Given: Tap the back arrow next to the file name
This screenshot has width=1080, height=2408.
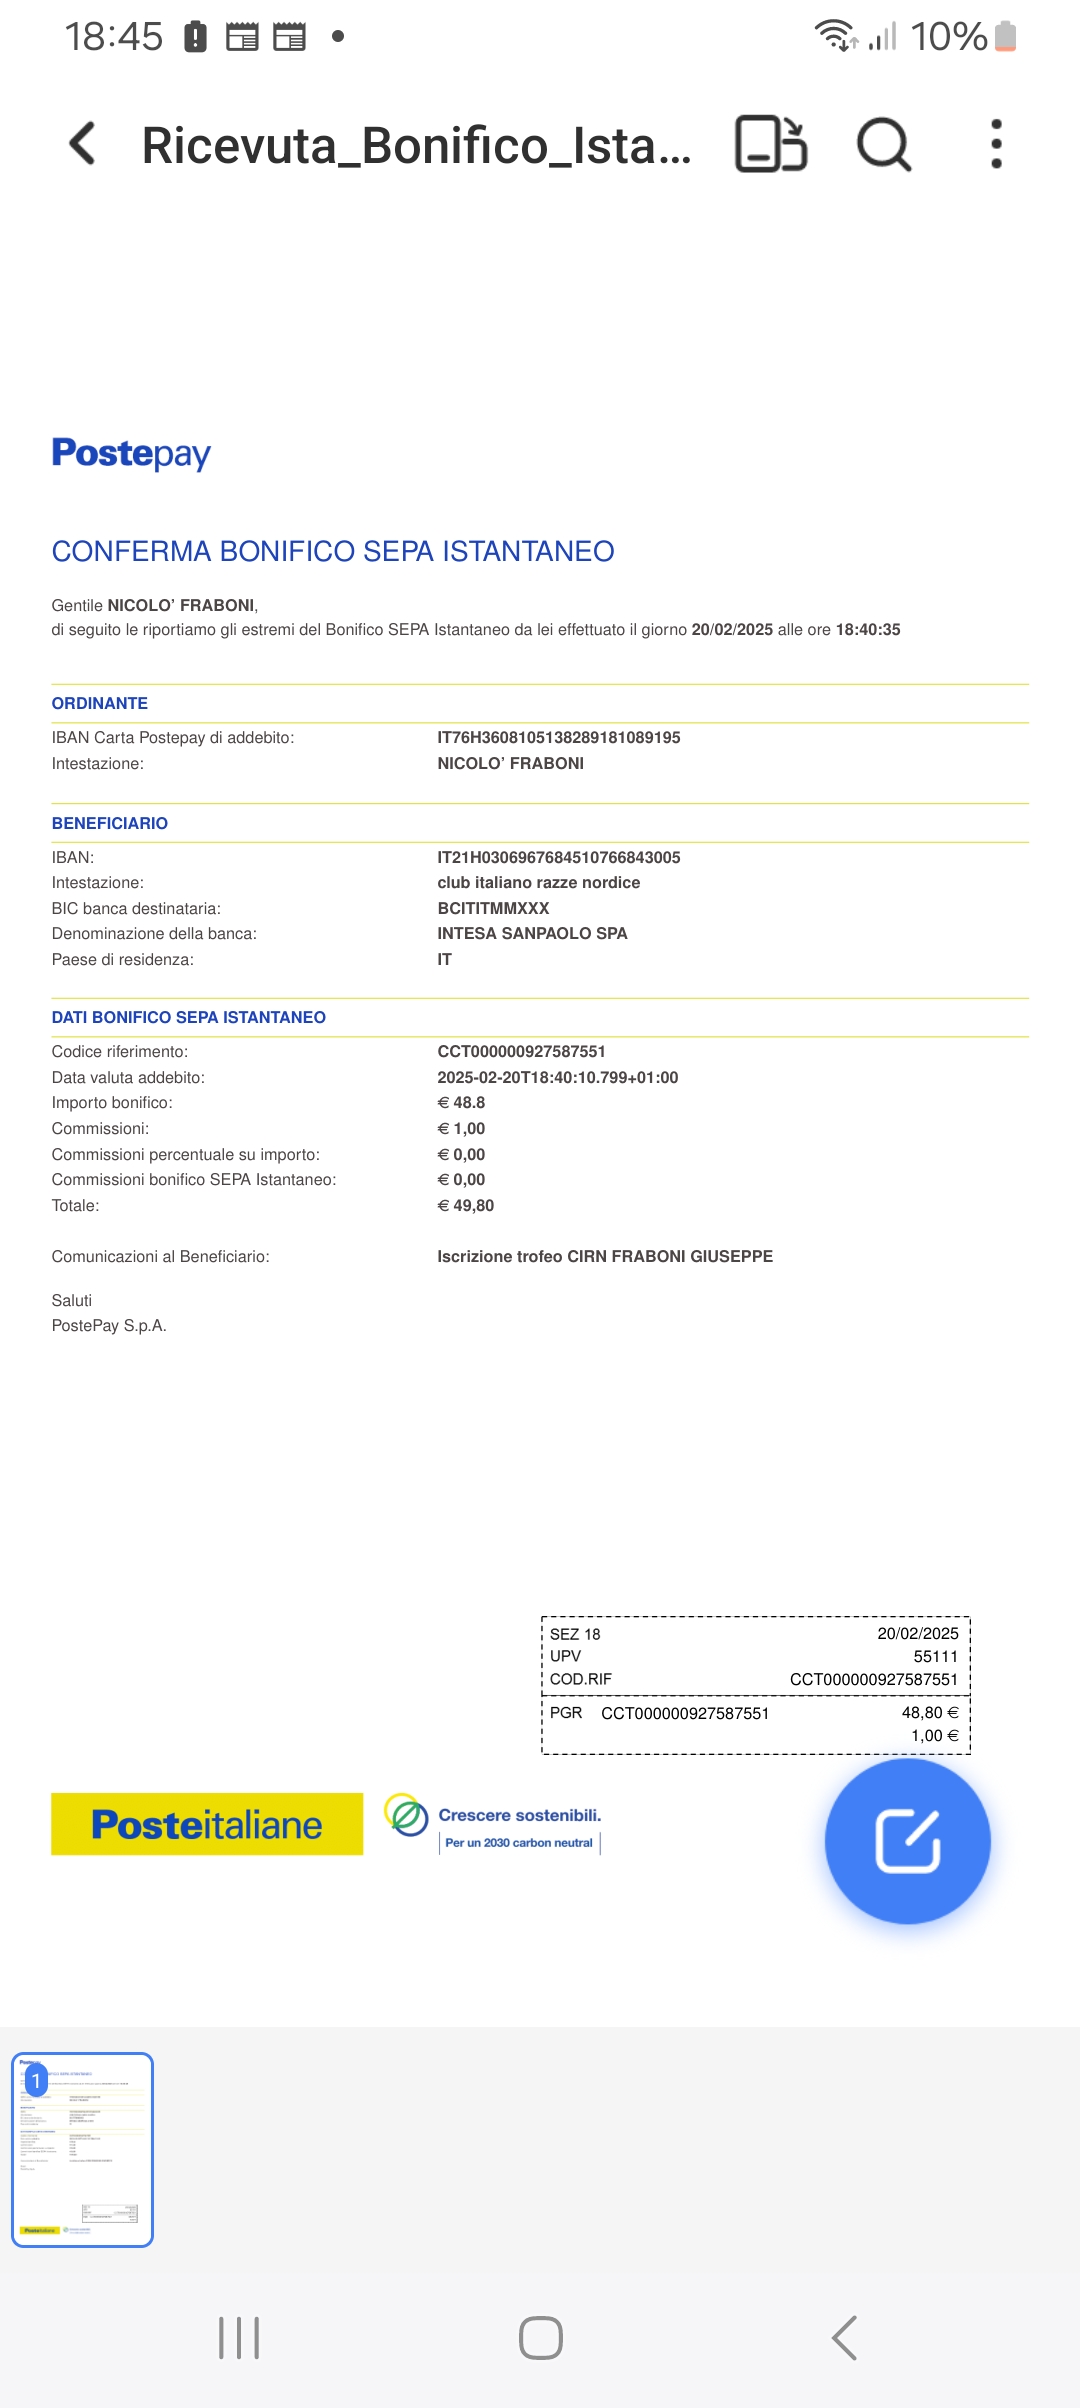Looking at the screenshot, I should (84, 144).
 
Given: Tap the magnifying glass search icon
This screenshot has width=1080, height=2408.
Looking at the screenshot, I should (884, 145).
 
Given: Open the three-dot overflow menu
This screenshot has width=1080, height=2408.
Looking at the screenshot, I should (996, 145).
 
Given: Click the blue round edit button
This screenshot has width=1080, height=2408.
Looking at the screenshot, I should (907, 1841).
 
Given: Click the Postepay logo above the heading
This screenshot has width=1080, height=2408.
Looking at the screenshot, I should (131, 454).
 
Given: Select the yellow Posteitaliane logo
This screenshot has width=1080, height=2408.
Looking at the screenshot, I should (207, 1824).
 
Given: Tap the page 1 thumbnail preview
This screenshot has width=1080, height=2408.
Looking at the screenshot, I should (82, 2150).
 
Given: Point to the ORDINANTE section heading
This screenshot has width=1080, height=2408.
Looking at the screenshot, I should (100, 703).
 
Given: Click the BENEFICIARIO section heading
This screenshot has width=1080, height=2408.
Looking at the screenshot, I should (110, 823).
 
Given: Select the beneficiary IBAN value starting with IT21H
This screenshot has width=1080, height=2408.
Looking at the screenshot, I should (558, 857).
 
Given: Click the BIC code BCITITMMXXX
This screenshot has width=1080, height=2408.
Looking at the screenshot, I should (493, 908).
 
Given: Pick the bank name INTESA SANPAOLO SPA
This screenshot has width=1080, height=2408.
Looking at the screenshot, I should (532, 933).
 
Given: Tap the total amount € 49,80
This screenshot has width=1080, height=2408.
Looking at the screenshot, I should (466, 1205).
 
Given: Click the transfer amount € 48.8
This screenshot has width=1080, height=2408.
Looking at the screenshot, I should (461, 1102).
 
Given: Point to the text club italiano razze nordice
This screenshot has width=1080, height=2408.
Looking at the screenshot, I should (538, 882).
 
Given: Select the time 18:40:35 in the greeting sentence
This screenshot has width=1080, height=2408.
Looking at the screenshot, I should (867, 629).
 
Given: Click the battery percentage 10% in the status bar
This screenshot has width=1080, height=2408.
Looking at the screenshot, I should (948, 37).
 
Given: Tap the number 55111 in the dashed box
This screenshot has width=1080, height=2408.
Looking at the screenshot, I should (935, 1656).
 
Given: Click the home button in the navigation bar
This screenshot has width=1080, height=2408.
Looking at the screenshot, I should (541, 2338).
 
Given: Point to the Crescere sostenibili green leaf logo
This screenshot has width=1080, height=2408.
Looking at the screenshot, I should (407, 1815).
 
